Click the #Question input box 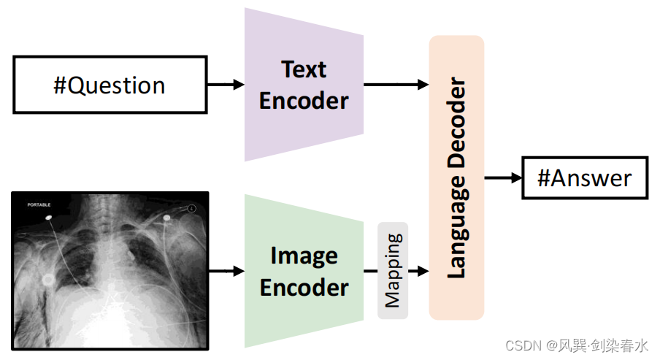pos(110,85)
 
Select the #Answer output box pos(584,177)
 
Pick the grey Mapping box pos(393,270)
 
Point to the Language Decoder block pos(456,177)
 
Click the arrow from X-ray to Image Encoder pos(226,271)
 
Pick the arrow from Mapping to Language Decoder pos(418,271)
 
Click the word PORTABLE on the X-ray pos(39,205)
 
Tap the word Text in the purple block pos(304,70)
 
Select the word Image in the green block pos(304,256)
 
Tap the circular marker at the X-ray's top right pos(191,208)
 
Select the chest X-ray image pos(110,269)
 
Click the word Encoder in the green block pos(304,287)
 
